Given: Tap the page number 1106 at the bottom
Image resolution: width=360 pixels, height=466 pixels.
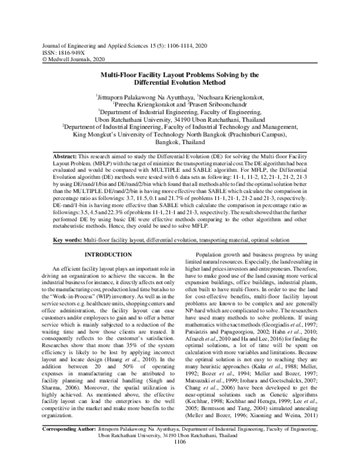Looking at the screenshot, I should [x=180, y=459].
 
